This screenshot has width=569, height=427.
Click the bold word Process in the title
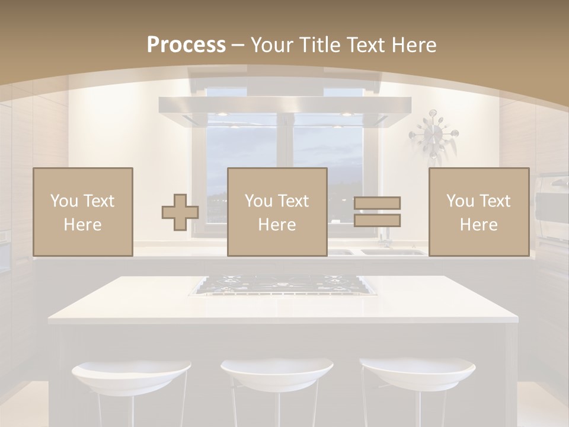coord(186,45)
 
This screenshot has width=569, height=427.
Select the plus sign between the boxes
coord(180,212)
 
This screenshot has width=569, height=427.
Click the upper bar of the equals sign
coord(377,203)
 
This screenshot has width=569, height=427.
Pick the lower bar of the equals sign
coord(377,221)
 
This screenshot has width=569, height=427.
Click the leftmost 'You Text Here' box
coord(83,212)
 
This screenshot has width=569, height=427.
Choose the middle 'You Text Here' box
coord(277,212)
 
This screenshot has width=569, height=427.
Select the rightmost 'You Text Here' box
coord(479,212)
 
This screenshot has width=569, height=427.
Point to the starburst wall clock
coord(433,133)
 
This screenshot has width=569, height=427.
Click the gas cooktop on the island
coord(283,285)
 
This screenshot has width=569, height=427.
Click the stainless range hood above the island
coord(284,110)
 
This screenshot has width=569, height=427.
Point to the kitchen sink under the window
coord(391,251)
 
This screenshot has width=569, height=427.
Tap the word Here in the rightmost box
coord(479,225)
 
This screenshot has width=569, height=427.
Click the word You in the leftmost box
coord(63,201)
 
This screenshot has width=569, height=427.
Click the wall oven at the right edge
coord(552,208)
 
